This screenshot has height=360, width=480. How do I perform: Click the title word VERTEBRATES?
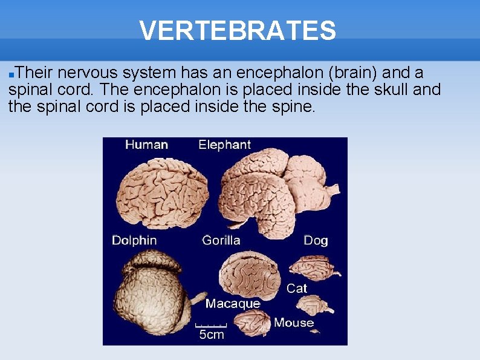point(237,30)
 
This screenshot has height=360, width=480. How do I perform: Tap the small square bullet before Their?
point(11,74)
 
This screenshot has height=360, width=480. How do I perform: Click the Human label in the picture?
point(146,145)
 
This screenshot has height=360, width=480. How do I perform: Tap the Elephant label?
point(224,145)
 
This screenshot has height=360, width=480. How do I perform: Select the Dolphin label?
point(134,240)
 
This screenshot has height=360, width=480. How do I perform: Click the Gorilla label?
point(221,240)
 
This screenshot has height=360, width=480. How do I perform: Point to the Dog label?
point(316,241)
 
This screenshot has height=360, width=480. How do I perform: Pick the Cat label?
point(297,289)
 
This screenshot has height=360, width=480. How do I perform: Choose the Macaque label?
point(233,304)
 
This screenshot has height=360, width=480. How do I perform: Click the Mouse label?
point(294,322)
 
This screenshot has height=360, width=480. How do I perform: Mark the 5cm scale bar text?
point(212,335)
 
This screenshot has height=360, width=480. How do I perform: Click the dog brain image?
point(313,267)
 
